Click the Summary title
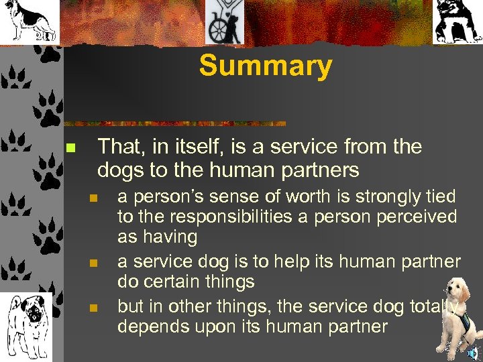265,66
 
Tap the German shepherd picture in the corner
29,21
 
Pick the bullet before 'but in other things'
94,308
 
